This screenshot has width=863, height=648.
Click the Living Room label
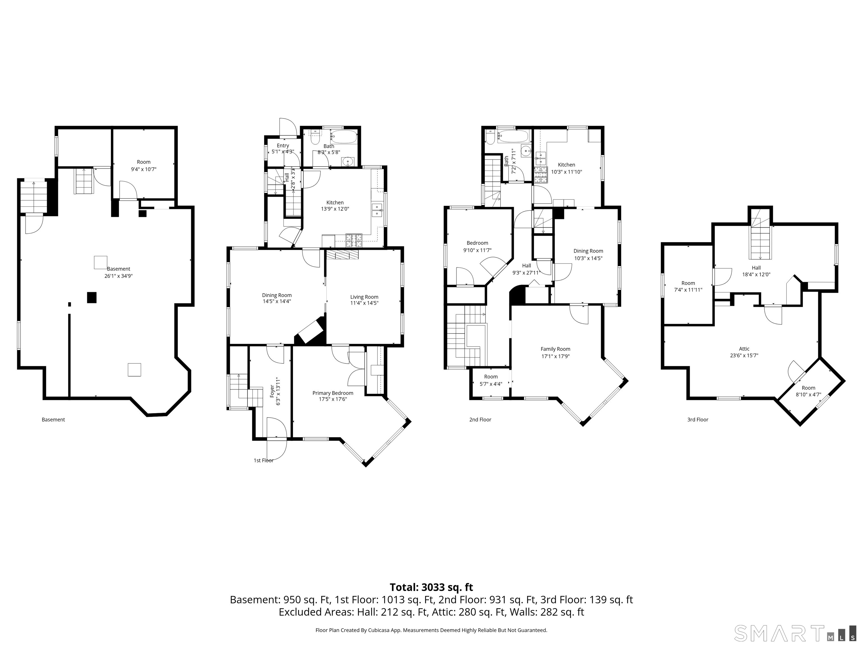364,297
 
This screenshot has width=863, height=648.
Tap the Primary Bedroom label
333,393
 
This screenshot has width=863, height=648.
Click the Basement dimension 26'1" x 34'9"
119,276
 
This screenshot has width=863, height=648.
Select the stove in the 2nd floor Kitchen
541,175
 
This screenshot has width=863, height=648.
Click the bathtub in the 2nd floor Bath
513,136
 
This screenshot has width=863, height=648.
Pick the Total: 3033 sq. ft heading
431,587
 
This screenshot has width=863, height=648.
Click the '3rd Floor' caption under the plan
698,420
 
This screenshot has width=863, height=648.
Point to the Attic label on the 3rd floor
744,349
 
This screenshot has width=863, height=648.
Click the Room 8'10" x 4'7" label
809,391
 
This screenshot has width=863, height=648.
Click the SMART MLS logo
796,633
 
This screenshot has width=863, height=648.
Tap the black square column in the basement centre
91,297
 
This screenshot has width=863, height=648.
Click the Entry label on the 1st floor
283,146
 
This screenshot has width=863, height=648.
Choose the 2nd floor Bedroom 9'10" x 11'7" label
477,246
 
